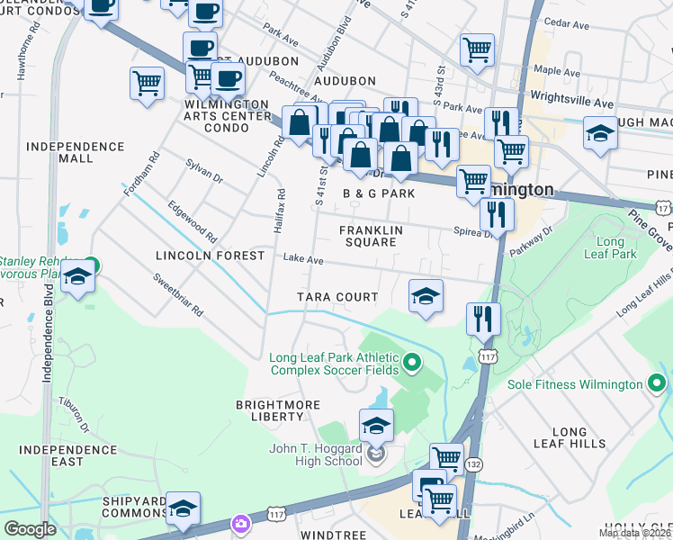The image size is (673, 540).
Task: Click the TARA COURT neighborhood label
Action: (x=338, y=297)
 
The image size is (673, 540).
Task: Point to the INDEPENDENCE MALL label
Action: (x=76, y=152)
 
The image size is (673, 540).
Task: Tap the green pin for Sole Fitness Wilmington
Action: (x=658, y=384)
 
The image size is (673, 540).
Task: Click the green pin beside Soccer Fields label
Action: (x=412, y=363)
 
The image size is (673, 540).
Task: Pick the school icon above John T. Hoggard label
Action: (x=376, y=426)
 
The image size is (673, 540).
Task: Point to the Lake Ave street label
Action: (x=303, y=259)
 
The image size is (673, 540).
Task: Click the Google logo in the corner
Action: (x=30, y=529)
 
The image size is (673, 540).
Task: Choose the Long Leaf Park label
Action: (x=616, y=248)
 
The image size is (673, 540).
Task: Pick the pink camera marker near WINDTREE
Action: (x=240, y=523)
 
